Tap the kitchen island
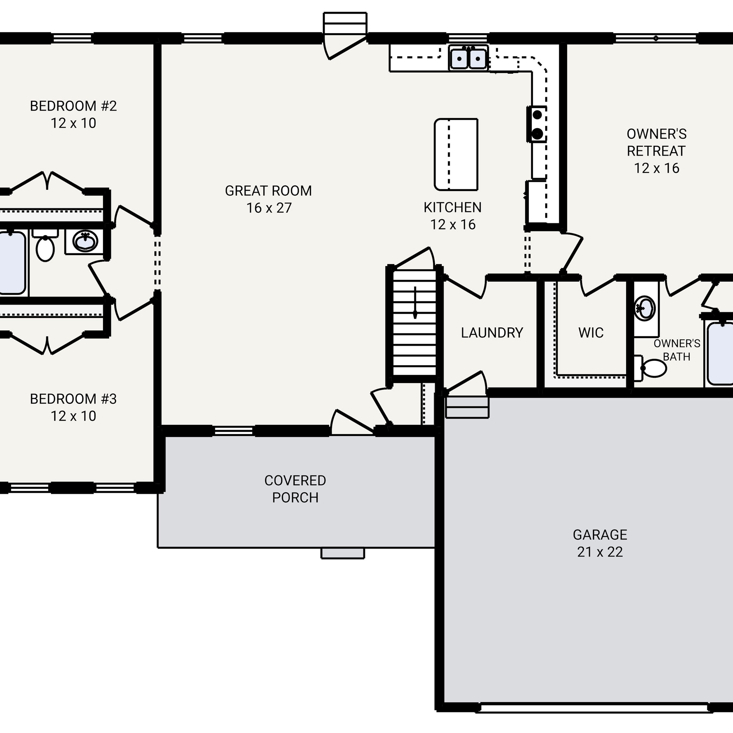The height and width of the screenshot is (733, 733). [x=456, y=154]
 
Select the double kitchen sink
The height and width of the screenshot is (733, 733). [x=468, y=58]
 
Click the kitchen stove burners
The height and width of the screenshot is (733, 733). [x=537, y=124]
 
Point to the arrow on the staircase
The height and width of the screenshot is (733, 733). [x=415, y=302]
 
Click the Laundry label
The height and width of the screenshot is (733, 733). [x=492, y=333]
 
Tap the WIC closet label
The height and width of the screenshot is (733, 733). [x=591, y=333]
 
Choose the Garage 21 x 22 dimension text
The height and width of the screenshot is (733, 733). [x=600, y=552]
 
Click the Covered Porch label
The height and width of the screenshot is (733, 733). [x=295, y=489]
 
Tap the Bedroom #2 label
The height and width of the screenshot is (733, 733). [x=73, y=106]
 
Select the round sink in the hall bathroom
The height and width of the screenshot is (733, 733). [x=85, y=241]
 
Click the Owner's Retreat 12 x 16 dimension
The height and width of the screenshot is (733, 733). [x=656, y=168]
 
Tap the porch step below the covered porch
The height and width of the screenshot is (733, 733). [x=343, y=553]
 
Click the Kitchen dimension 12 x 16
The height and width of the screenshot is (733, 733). [x=453, y=224]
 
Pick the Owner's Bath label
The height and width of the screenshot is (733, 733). [x=677, y=350]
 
